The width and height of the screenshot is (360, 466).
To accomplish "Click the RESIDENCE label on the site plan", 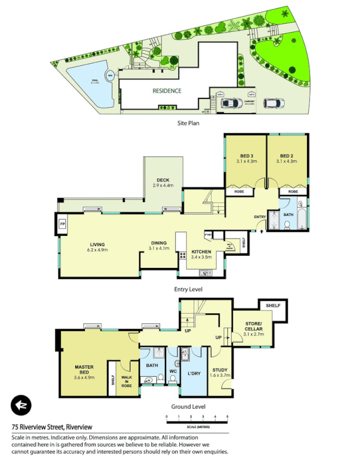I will [167, 91].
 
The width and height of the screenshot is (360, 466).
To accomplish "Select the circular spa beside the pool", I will [109, 76].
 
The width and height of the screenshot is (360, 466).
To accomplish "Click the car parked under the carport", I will [231, 103].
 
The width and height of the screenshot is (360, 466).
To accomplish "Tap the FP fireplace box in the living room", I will [63, 223].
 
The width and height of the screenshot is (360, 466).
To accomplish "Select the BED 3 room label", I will [246, 156].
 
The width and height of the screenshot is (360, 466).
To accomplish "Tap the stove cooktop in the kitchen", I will [182, 255].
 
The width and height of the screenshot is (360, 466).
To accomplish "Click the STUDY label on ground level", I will [220, 369].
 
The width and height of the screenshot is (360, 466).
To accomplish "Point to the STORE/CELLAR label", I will [253, 326].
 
